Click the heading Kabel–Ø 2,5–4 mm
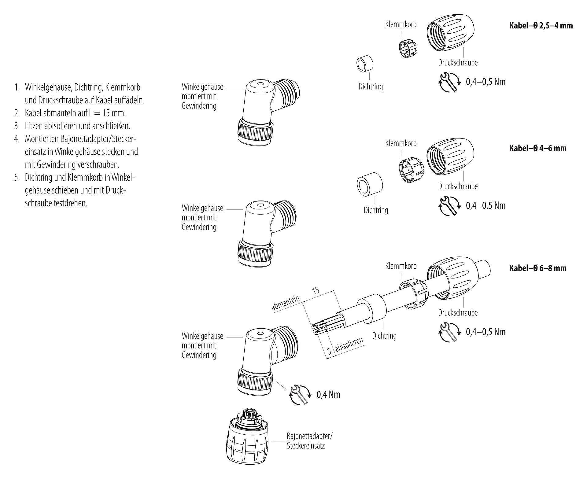[x=541, y=25]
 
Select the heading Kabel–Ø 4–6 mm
[x=537, y=148]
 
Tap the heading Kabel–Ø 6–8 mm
[x=537, y=268]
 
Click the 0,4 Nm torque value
[x=328, y=394]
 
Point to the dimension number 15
[x=316, y=290]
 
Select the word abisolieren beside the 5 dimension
[x=349, y=345]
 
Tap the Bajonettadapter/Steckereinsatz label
[x=309, y=440]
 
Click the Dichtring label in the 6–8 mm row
[x=384, y=336]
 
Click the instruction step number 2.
[x=17, y=113]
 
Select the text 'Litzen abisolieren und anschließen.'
[x=77, y=126]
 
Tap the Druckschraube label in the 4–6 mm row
[x=457, y=186]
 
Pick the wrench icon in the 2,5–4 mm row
[x=450, y=82]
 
